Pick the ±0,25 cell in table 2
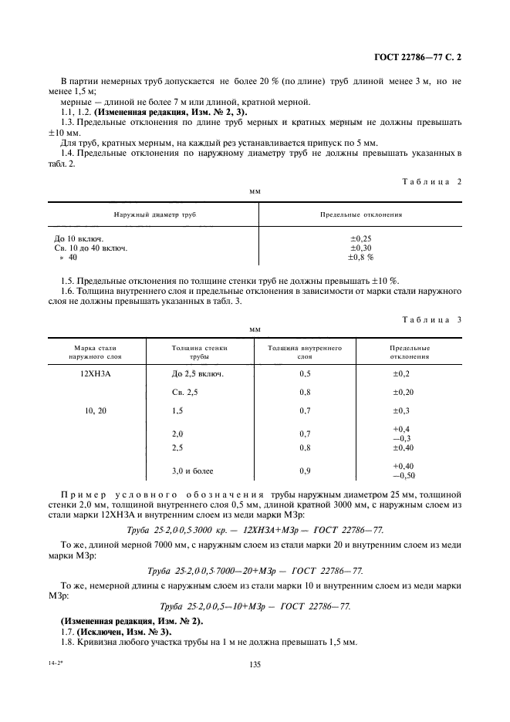(x=360, y=238)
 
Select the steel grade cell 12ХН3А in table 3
(x=95, y=373)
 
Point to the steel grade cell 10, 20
(x=95, y=411)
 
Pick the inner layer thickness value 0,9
(x=304, y=470)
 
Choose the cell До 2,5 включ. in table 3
(x=198, y=373)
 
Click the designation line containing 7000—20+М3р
(x=255, y=572)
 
